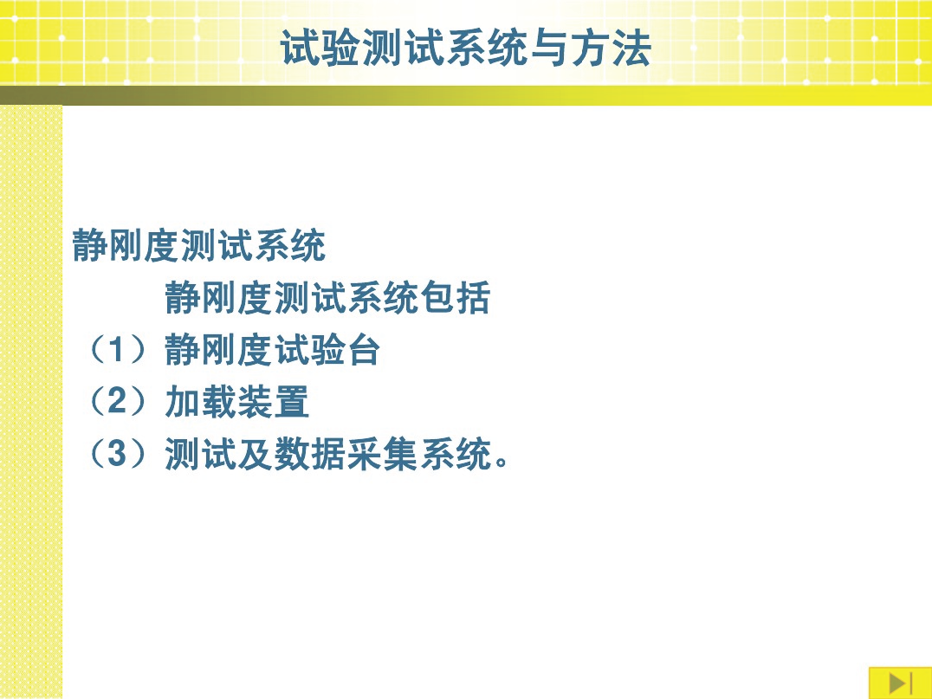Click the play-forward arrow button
tap(900, 683)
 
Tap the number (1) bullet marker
tap(117, 350)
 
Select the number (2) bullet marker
tap(117, 402)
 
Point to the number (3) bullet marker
tap(117, 454)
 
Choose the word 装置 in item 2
tap(274, 402)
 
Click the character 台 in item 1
tap(365, 350)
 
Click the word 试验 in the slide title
tap(320, 48)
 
